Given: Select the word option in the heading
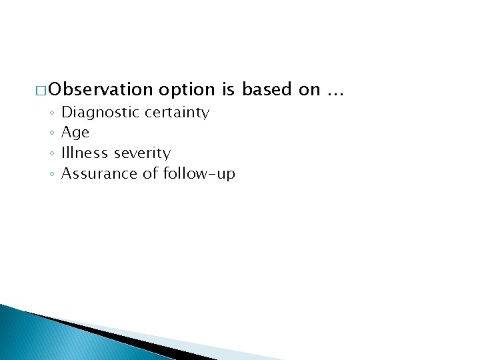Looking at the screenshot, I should (x=187, y=90).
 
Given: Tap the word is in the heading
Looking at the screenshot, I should (x=229, y=90).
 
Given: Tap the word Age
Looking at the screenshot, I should (x=75, y=133).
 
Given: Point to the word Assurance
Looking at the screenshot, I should (x=93, y=174).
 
